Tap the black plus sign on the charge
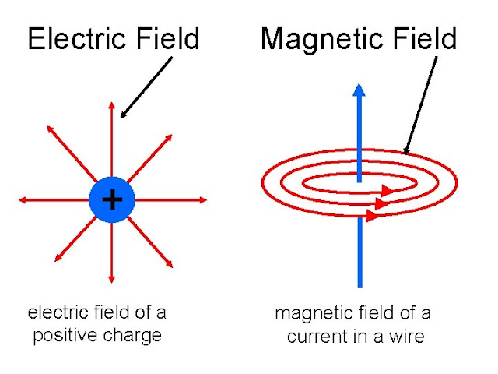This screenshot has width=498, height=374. (x=113, y=200)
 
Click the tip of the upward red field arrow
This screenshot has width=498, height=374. (x=112, y=104)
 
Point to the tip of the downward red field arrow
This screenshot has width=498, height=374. (x=112, y=283)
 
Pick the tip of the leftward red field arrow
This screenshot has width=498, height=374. (x=19, y=201)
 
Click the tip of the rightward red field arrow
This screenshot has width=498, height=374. (x=207, y=201)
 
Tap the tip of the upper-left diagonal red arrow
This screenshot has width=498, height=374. (x=47, y=127)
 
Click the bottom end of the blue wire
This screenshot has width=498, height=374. (x=359, y=284)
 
